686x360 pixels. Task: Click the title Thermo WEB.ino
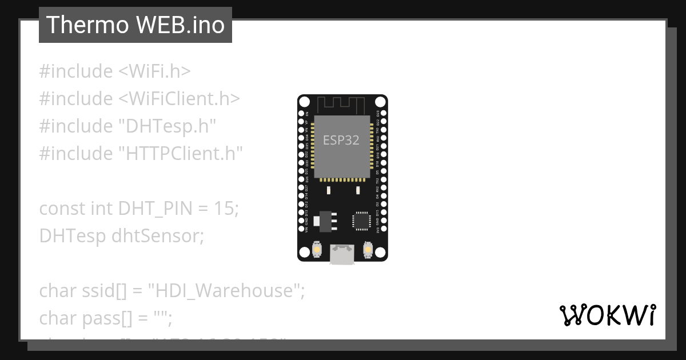click(x=135, y=25)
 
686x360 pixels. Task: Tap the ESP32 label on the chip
click(x=341, y=140)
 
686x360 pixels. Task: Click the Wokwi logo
click(x=607, y=315)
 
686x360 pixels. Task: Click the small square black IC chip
click(x=361, y=221)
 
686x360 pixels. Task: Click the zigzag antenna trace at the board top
click(x=342, y=105)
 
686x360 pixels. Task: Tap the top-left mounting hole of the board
click(x=305, y=102)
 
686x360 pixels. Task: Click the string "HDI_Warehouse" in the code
click(x=225, y=291)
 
